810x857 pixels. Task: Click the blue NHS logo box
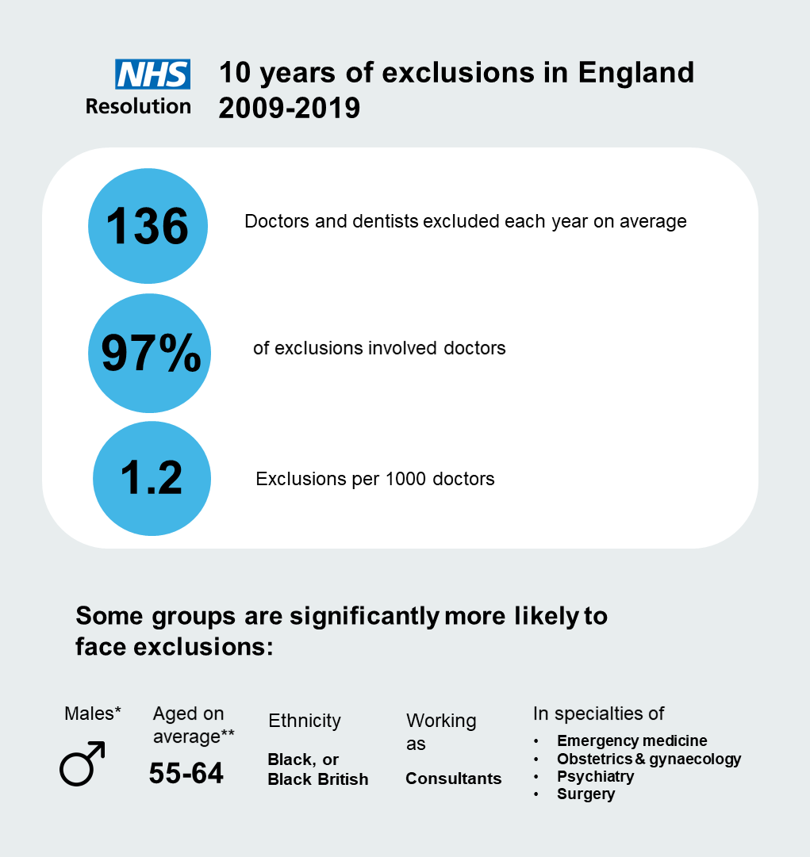tap(153, 74)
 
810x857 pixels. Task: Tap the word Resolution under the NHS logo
tap(138, 105)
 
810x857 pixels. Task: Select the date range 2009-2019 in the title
tap(290, 108)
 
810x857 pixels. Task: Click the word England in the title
tap(635, 73)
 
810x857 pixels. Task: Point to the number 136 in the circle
tap(148, 227)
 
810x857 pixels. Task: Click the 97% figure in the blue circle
tap(151, 354)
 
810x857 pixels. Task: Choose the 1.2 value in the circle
tap(151, 479)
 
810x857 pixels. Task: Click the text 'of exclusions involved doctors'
tap(379, 348)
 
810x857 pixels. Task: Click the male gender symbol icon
tap(82, 763)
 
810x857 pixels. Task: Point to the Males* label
tap(92, 714)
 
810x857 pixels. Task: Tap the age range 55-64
tap(186, 773)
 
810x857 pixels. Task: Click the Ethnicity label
tap(305, 721)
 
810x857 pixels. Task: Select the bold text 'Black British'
tap(318, 779)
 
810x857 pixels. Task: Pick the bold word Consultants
tap(454, 779)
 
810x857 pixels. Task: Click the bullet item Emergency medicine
tap(631, 741)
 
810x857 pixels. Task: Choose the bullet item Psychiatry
tap(595, 776)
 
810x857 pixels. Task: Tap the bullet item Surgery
tap(585, 794)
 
